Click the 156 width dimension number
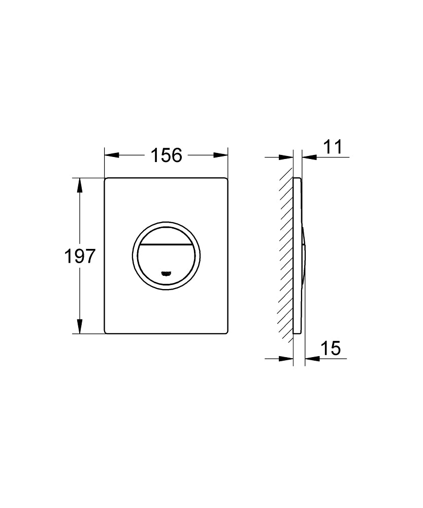[x=166, y=155]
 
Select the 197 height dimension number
[x=80, y=256]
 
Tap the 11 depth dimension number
[x=333, y=147]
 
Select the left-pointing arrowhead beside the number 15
[x=311, y=358]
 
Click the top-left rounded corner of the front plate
[x=106, y=179]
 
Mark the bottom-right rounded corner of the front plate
[x=225, y=332]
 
